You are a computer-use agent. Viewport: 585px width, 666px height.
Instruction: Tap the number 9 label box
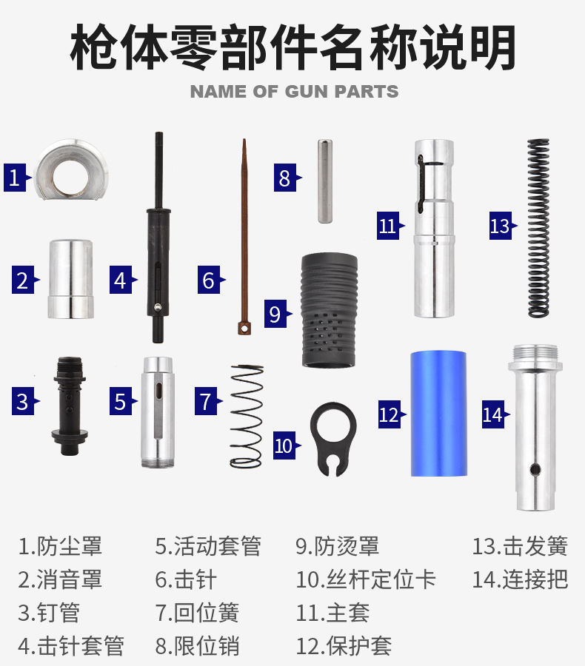click(275, 314)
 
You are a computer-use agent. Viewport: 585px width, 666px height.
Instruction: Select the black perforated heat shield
click(329, 309)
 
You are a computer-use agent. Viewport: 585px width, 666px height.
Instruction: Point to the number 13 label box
click(500, 225)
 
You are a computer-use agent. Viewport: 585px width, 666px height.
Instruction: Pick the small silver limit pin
click(325, 181)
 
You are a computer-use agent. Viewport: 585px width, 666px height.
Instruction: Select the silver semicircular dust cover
click(71, 169)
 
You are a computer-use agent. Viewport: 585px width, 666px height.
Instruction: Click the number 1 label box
click(14, 178)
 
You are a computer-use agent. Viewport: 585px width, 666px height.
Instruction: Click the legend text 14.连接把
click(520, 579)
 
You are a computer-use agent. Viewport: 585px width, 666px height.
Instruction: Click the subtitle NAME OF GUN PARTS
click(294, 92)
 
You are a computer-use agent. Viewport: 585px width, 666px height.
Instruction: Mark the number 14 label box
click(492, 414)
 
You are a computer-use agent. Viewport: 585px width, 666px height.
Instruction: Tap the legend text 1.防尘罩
click(60, 547)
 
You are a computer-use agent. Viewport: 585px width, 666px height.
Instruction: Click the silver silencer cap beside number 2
click(70, 279)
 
